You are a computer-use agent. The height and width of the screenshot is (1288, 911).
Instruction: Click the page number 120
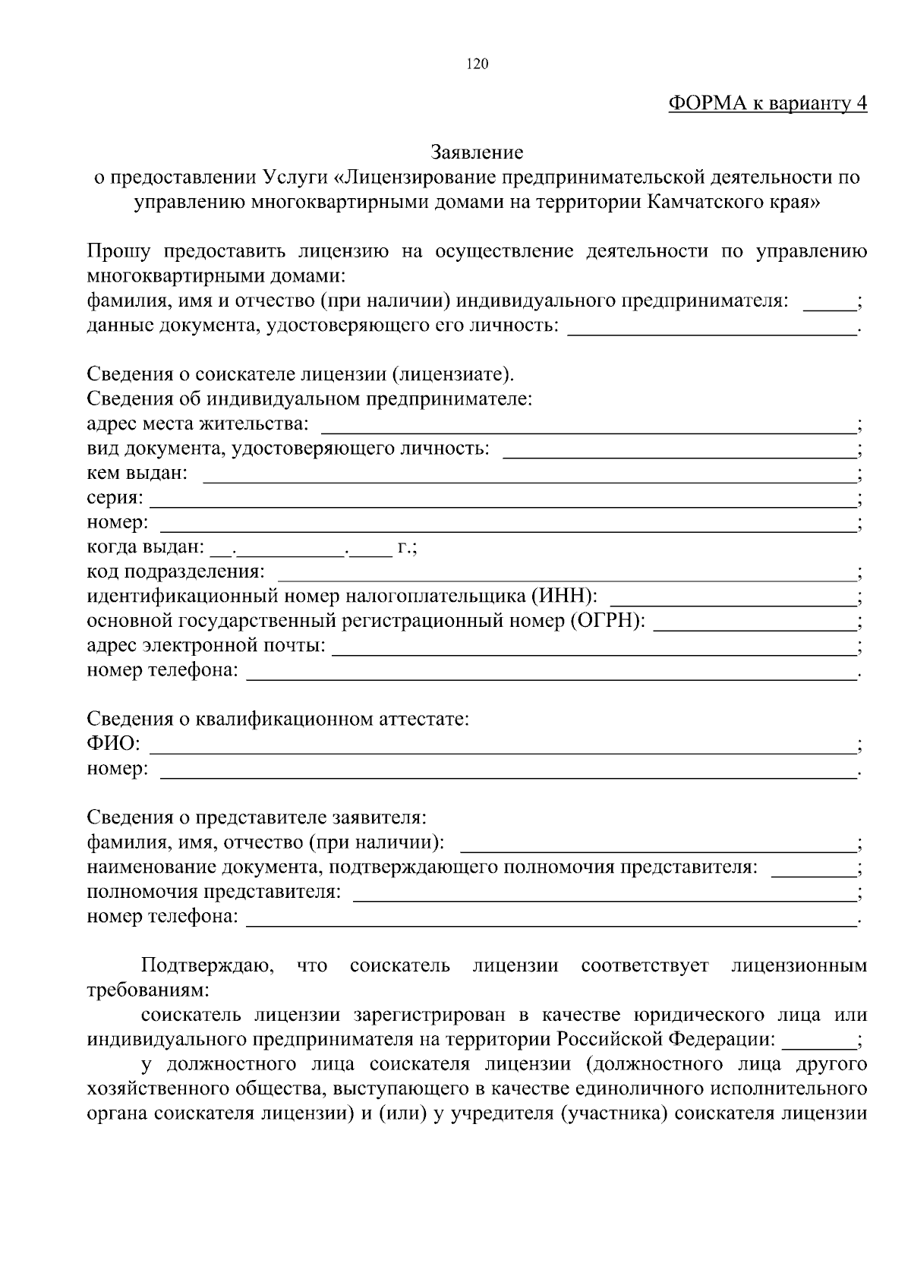478,65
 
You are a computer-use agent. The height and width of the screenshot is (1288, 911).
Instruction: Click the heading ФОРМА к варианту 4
768,104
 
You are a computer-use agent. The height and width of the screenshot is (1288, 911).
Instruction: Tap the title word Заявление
478,153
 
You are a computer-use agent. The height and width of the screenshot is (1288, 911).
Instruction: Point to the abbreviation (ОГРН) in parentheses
607,621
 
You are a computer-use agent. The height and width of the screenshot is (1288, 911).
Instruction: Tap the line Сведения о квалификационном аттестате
278,719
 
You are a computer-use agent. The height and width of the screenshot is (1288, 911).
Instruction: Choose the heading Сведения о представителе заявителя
257,817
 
